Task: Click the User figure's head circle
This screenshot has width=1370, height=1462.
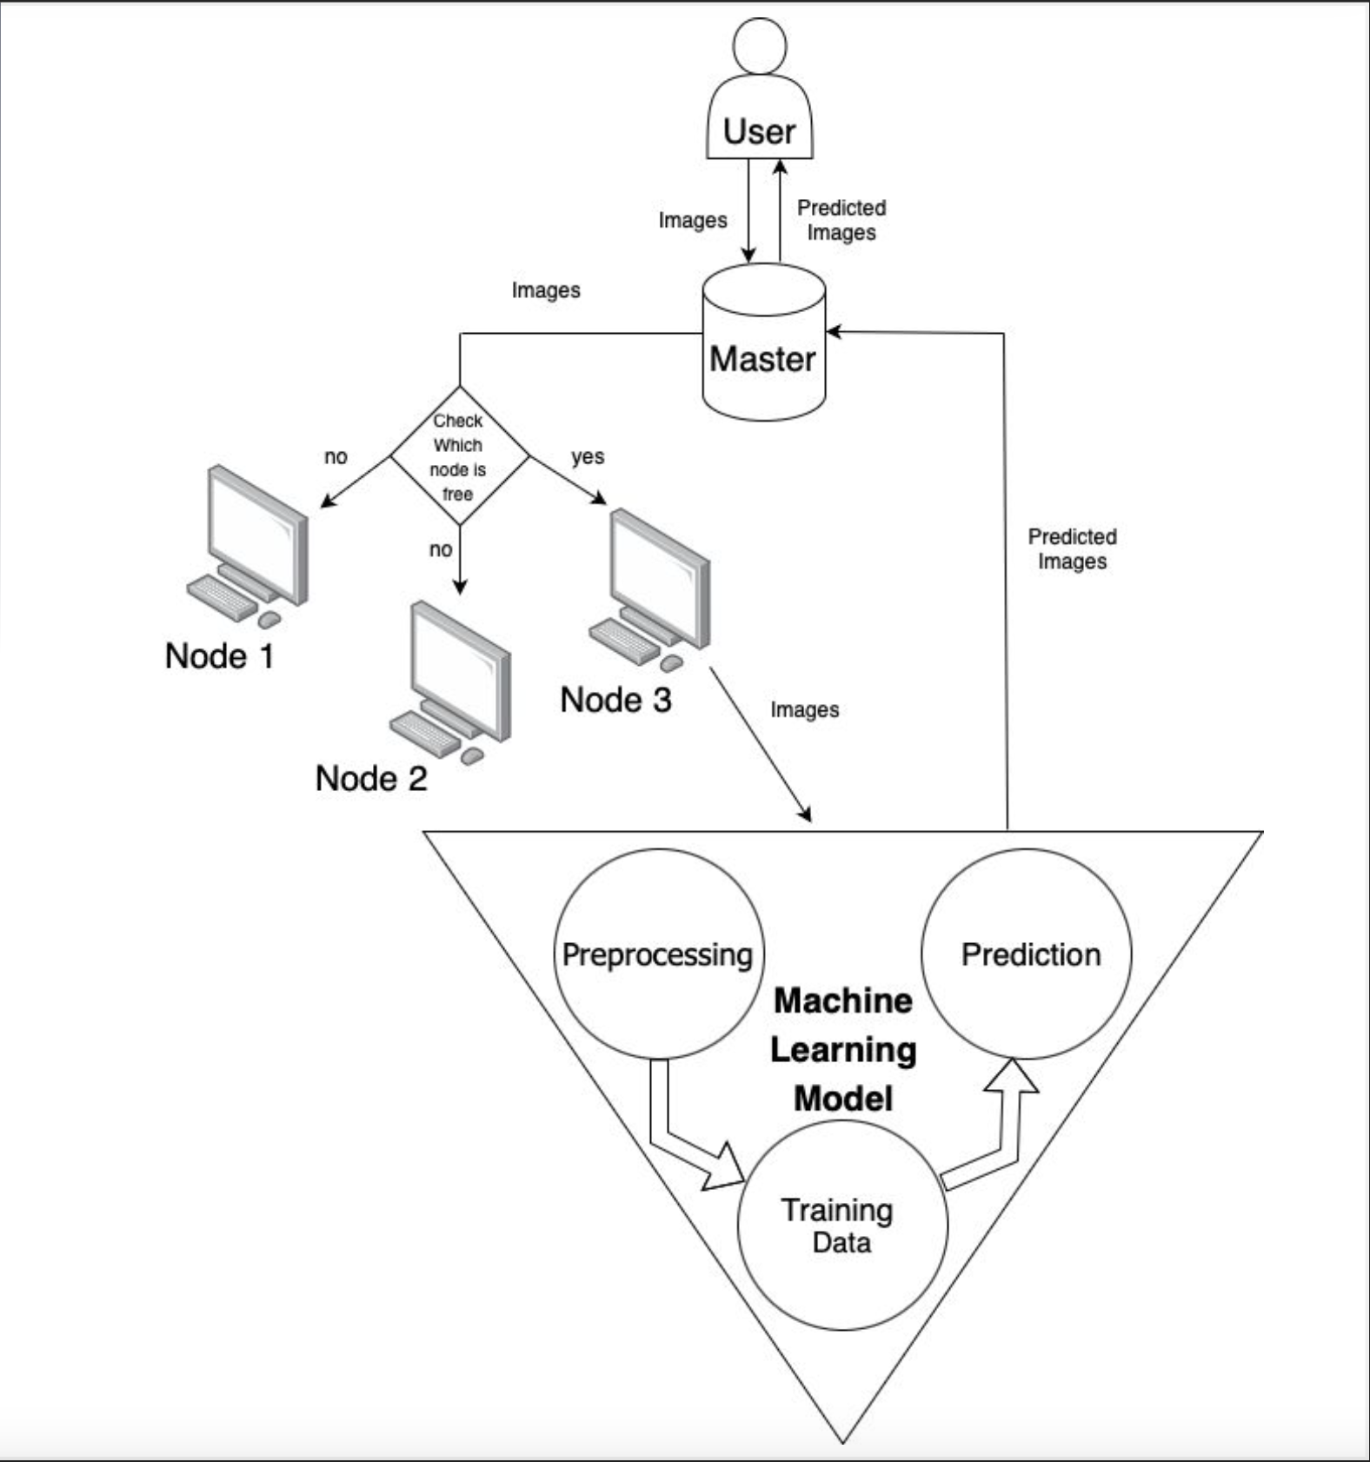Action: point(760,46)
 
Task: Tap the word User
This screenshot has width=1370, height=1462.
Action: point(759,132)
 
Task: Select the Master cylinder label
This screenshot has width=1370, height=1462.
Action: point(762,359)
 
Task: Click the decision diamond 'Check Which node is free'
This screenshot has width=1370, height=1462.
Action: point(459,456)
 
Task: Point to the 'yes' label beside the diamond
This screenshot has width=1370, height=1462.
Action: point(588,456)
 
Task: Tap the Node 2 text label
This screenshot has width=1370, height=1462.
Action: point(371,778)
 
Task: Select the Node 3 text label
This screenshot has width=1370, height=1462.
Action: point(615,700)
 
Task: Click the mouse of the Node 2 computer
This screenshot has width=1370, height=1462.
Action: point(472,756)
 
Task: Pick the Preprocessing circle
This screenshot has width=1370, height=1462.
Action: point(658,954)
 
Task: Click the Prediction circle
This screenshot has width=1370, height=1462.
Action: point(1029,954)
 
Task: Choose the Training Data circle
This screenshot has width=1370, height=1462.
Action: point(840,1226)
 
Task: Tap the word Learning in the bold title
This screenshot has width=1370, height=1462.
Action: point(843,1050)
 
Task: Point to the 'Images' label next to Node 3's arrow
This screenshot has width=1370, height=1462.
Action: point(804,710)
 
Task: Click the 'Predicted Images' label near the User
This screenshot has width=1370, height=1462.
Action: point(841,220)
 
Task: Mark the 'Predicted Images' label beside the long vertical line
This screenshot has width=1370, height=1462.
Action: point(1072,549)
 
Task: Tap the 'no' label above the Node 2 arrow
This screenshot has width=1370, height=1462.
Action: point(441,549)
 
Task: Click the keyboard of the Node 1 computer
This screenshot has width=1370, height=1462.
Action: point(221,596)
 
